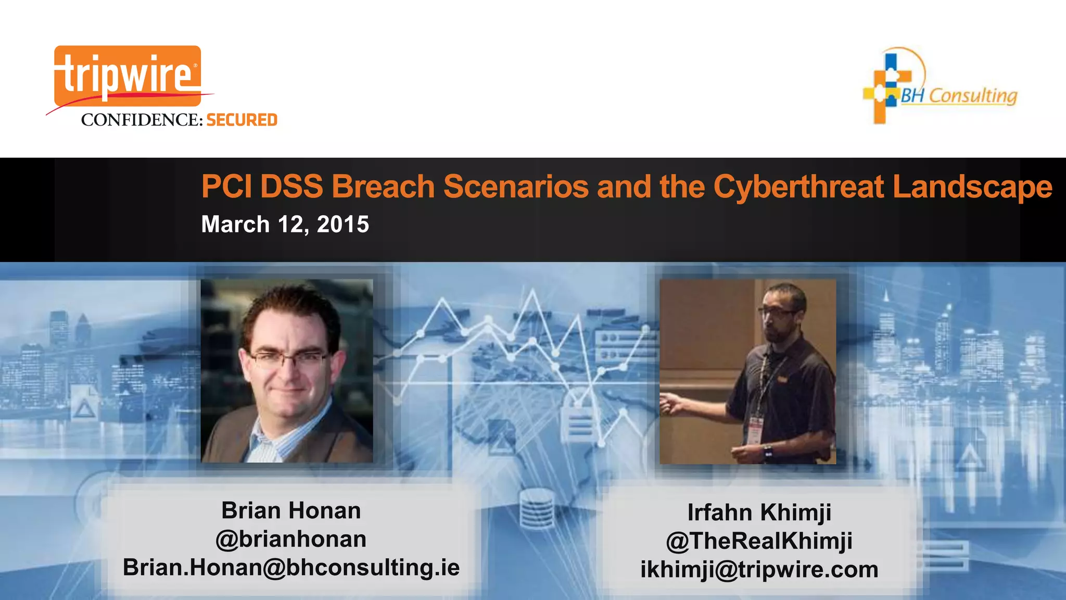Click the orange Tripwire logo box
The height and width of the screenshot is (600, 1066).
pos(128,76)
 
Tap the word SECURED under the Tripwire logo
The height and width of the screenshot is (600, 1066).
pos(242,120)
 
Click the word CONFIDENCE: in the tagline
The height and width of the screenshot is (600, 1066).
pos(142,120)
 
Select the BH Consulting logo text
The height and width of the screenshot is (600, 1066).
pos(959,96)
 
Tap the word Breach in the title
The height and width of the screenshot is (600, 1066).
pos(383,186)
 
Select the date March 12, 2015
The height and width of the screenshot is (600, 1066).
pos(285,224)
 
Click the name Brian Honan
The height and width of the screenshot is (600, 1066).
pos(291,510)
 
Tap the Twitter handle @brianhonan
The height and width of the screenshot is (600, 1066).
pos(291,539)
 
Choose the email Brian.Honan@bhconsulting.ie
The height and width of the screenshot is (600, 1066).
pos(291,567)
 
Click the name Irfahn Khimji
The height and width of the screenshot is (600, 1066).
pos(759,512)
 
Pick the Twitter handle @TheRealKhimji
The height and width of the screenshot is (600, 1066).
pos(759,541)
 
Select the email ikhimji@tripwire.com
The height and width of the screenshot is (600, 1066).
pos(759,569)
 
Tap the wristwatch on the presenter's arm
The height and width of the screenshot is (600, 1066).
pos(768,451)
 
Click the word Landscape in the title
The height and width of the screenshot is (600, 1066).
pos(972,186)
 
